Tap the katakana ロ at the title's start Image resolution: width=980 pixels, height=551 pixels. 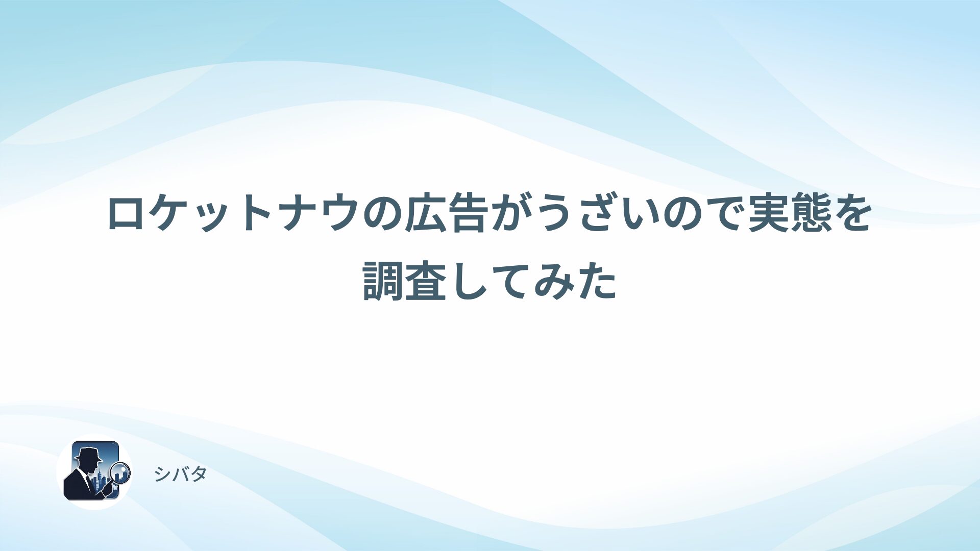pyautogui.click(x=128, y=214)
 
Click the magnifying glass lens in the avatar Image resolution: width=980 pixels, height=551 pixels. pyautogui.click(x=121, y=472)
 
